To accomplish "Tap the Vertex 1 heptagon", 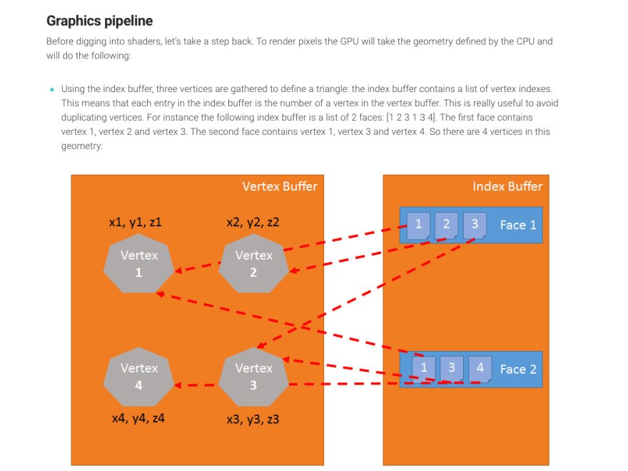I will [x=138, y=263].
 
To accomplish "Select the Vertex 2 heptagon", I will [x=253, y=263].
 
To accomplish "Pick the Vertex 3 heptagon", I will [x=253, y=376].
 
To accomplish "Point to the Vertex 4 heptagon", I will [x=138, y=376].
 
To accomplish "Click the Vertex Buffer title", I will [x=280, y=187].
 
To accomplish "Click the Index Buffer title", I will [x=507, y=187].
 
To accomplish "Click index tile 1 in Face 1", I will [x=418, y=224].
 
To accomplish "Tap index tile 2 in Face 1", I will [x=446, y=224].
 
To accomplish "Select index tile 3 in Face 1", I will [x=475, y=224].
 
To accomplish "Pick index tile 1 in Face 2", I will [x=424, y=368].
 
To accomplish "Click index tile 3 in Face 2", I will [x=452, y=368].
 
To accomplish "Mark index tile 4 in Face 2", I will [x=480, y=368].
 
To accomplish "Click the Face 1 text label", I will [x=517, y=225].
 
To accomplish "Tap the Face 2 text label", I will [x=517, y=369].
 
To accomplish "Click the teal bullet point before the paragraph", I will [x=51, y=90].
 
